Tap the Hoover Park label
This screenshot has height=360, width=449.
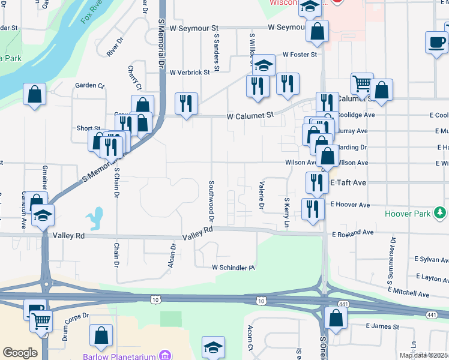point(410,213)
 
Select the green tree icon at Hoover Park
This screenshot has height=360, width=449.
point(441,213)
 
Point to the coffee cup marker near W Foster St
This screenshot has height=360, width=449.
point(436,42)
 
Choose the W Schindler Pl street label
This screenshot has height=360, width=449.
point(234,268)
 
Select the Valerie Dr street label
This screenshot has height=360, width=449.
point(262,196)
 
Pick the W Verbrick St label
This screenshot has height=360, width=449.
point(190,72)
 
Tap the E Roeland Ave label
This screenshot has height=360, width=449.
point(352,233)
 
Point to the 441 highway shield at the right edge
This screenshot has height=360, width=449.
point(432,314)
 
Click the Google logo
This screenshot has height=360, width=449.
point(20,353)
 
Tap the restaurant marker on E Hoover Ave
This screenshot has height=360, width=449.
point(313,209)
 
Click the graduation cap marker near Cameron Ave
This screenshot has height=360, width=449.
point(43,215)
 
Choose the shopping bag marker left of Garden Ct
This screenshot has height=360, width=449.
point(35,94)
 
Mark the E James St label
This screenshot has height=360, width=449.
point(382,326)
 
